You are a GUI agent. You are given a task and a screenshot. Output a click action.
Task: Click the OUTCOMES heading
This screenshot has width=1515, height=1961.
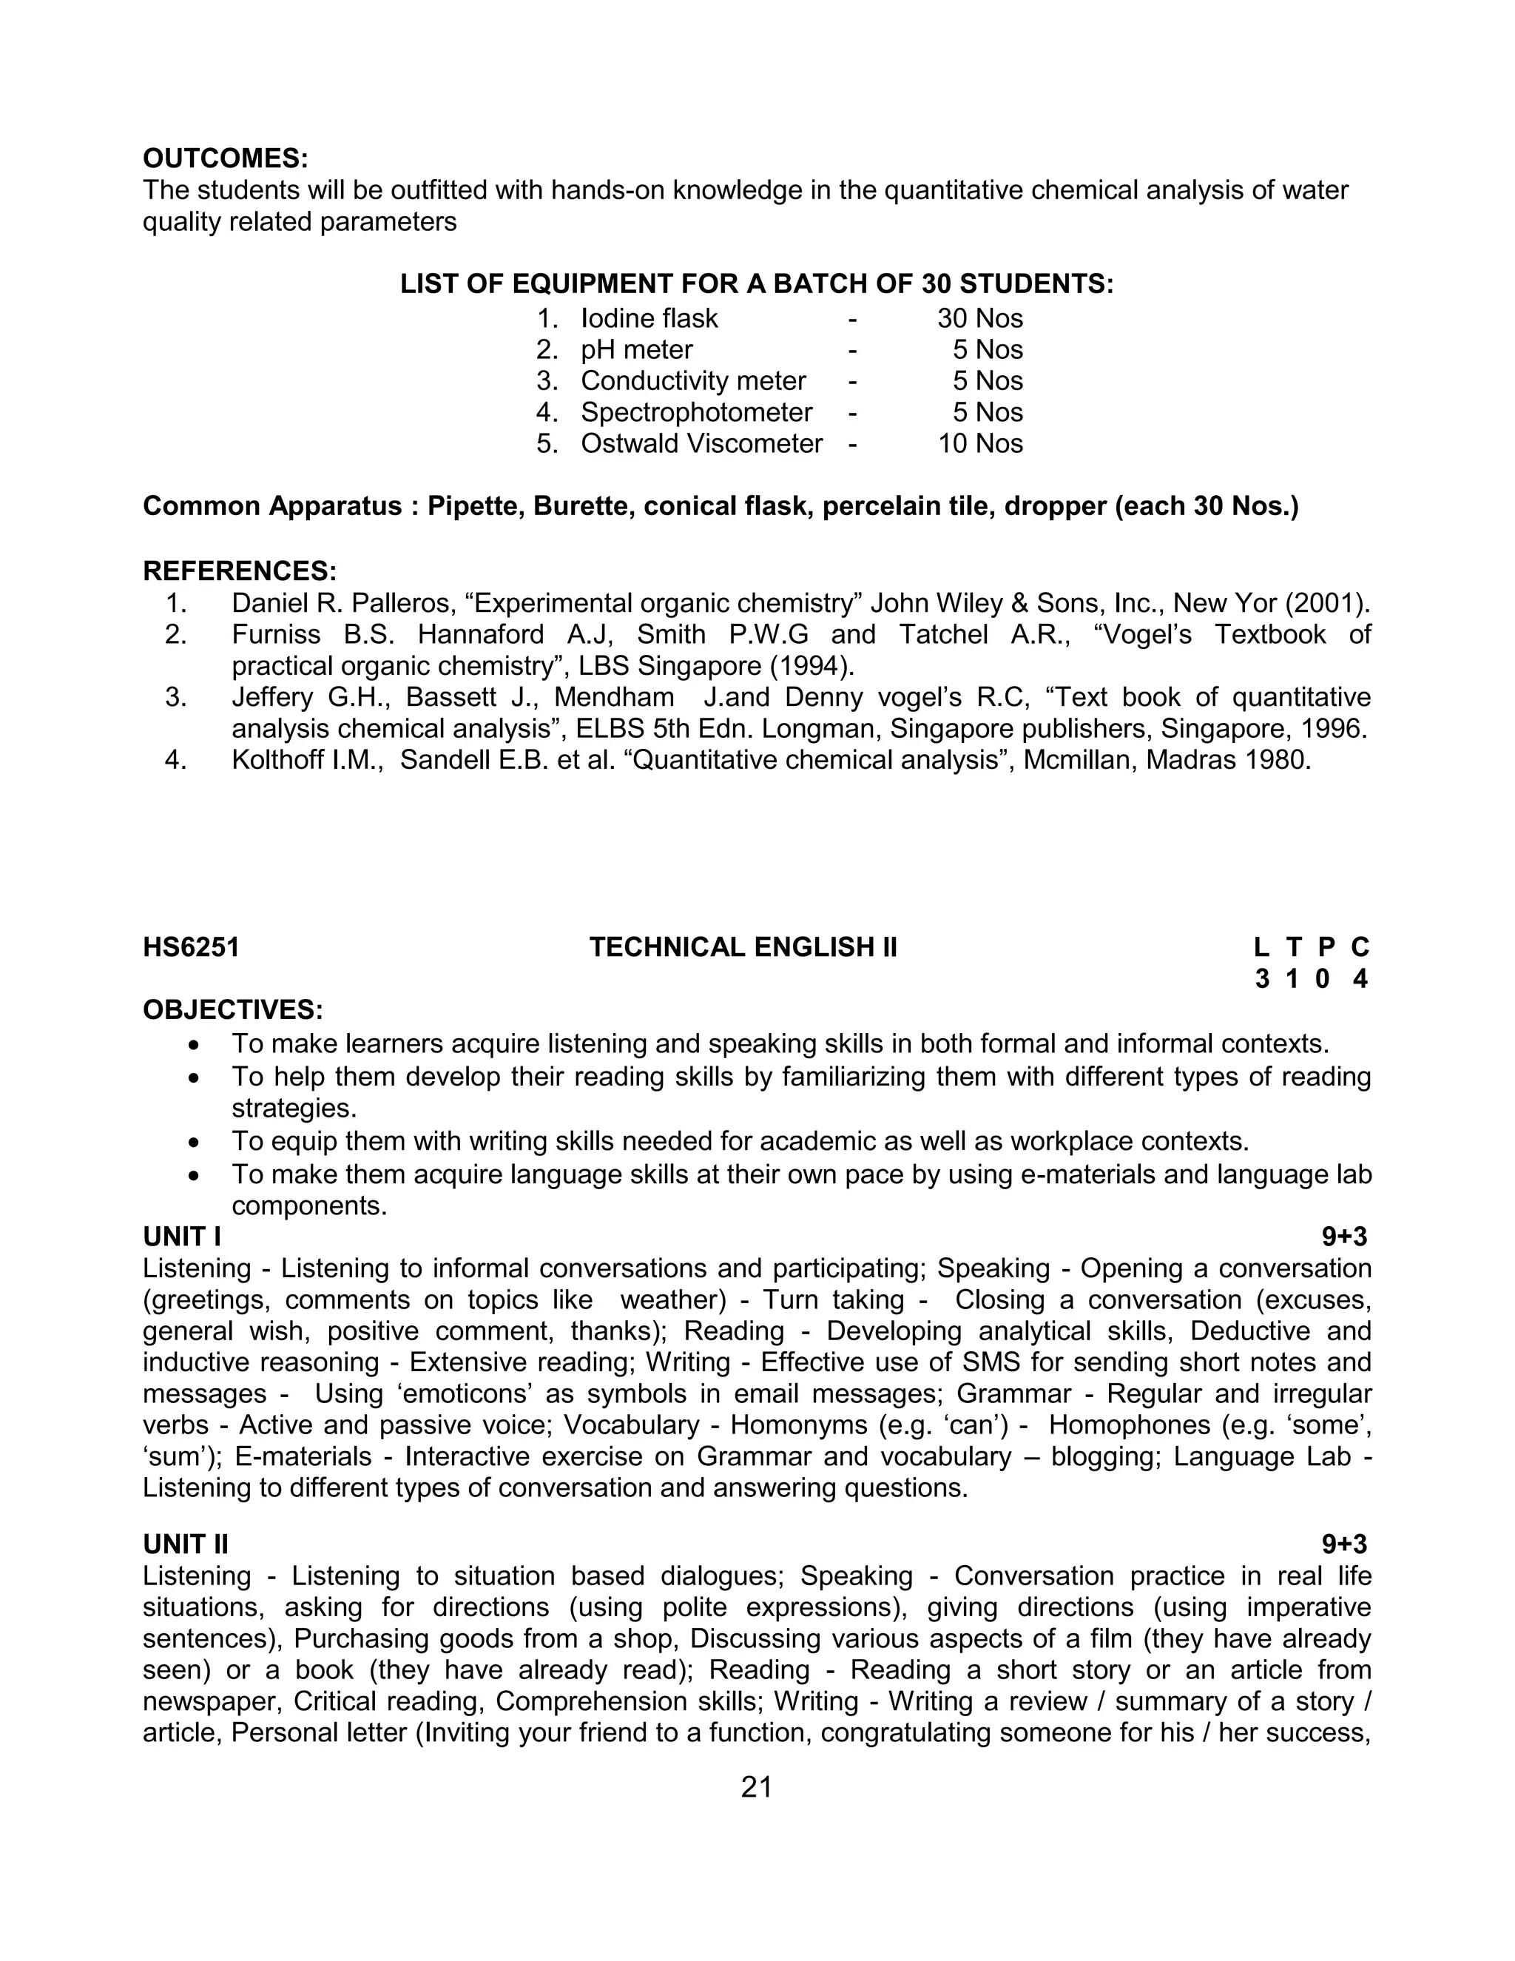point(226,159)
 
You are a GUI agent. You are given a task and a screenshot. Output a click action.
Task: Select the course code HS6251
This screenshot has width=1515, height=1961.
point(191,947)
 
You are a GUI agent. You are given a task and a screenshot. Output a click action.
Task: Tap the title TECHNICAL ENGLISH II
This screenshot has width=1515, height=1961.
point(743,947)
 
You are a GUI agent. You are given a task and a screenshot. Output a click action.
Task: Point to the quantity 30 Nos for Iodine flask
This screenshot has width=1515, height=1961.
point(980,319)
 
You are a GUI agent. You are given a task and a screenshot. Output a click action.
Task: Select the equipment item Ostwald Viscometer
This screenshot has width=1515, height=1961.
point(701,443)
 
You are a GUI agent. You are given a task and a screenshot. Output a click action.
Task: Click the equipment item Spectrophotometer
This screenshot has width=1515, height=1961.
point(695,412)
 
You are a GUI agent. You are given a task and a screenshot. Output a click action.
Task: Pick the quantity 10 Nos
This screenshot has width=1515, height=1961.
point(980,443)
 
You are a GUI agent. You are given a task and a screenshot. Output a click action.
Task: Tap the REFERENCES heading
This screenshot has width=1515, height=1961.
point(240,571)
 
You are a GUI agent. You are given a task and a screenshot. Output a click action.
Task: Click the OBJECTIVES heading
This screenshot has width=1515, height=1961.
point(232,1010)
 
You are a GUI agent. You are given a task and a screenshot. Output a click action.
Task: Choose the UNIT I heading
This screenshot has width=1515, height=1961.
point(182,1237)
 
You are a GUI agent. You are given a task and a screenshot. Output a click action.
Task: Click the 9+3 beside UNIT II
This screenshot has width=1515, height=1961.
point(1343,1544)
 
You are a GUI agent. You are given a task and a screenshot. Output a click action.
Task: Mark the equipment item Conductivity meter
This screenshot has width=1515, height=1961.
point(693,380)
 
